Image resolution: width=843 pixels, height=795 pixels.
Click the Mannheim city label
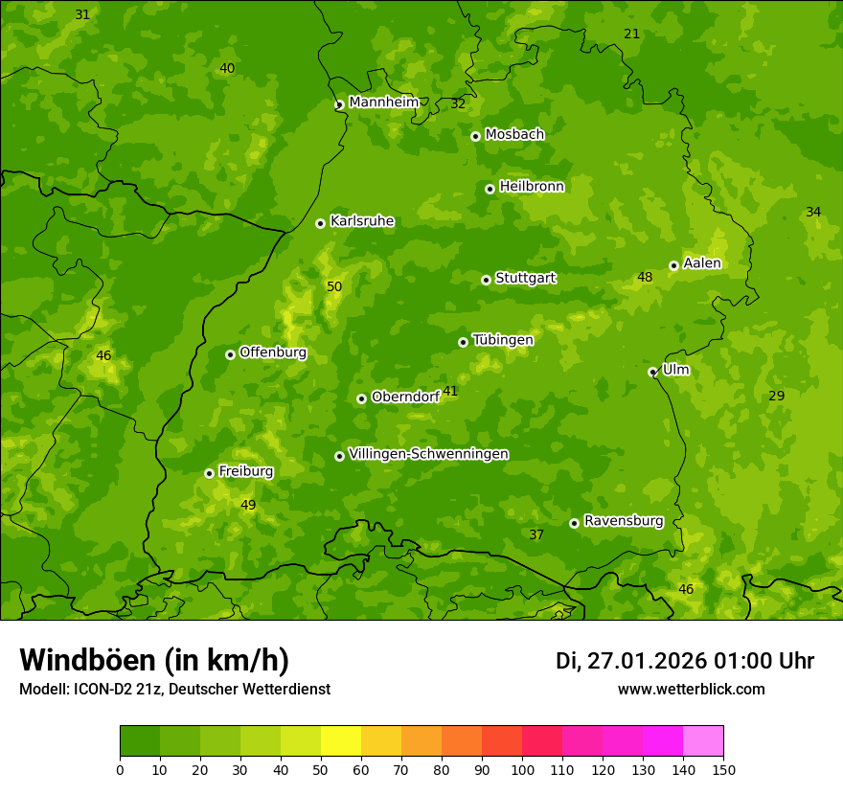pyautogui.click(x=383, y=102)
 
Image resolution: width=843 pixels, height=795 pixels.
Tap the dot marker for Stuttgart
pyautogui.click(x=486, y=280)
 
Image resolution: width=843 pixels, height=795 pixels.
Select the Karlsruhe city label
pyautogui.click(x=361, y=221)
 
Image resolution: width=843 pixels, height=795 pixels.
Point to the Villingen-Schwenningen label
pyautogui.click(x=428, y=454)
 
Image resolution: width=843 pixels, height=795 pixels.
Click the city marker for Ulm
pyautogui.click(x=652, y=372)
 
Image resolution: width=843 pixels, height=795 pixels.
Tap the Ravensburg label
pyautogui.click(x=623, y=521)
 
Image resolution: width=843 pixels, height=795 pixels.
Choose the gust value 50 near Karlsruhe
pyautogui.click(x=334, y=286)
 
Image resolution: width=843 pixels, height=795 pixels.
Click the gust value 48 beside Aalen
pyautogui.click(x=645, y=278)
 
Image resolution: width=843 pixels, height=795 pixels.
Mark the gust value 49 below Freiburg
pyautogui.click(x=248, y=505)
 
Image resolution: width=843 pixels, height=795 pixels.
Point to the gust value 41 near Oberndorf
pyautogui.click(x=450, y=391)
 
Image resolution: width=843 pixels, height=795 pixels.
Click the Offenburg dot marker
pyautogui.click(x=230, y=354)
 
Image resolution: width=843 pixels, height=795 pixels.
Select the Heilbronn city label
pyautogui.click(x=532, y=187)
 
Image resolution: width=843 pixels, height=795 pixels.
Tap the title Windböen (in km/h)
pyautogui.click(x=154, y=660)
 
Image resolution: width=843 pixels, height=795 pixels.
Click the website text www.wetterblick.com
pyautogui.click(x=691, y=690)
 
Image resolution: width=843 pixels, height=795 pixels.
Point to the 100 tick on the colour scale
pyautogui.click(x=522, y=769)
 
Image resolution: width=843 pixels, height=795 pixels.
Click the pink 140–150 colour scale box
pyautogui.click(x=703, y=741)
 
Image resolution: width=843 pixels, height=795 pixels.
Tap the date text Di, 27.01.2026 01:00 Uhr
pyautogui.click(x=685, y=661)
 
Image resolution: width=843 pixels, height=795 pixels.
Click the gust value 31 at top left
pyautogui.click(x=82, y=14)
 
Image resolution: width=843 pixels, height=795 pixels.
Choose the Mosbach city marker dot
pyautogui.click(x=475, y=136)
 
